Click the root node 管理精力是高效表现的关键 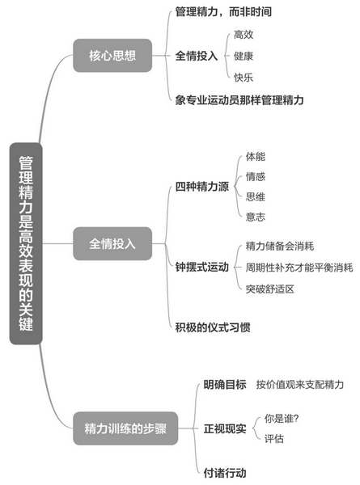(x=26, y=243)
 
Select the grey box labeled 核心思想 (x=112, y=56)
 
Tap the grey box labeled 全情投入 (x=112, y=244)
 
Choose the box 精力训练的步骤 (x=125, y=428)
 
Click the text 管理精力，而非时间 (x=223, y=12)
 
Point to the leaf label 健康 (x=244, y=56)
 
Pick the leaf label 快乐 (x=244, y=78)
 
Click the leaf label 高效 (x=244, y=35)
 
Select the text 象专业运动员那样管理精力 (x=239, y=100)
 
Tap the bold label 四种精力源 (x=202, y=187)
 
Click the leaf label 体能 (x=256, y=157)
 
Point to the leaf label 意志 (x=256, y=217)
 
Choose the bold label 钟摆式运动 (x=202, y=267)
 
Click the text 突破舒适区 (x=269, y=289)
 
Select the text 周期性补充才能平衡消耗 (x=299, y=268)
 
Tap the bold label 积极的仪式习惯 (x=213, y=327)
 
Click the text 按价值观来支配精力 (x=300, y=385)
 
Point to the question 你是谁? (x=282, y=419)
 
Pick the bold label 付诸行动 (x=225, y=473)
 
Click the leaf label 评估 (x=274, y=439)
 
